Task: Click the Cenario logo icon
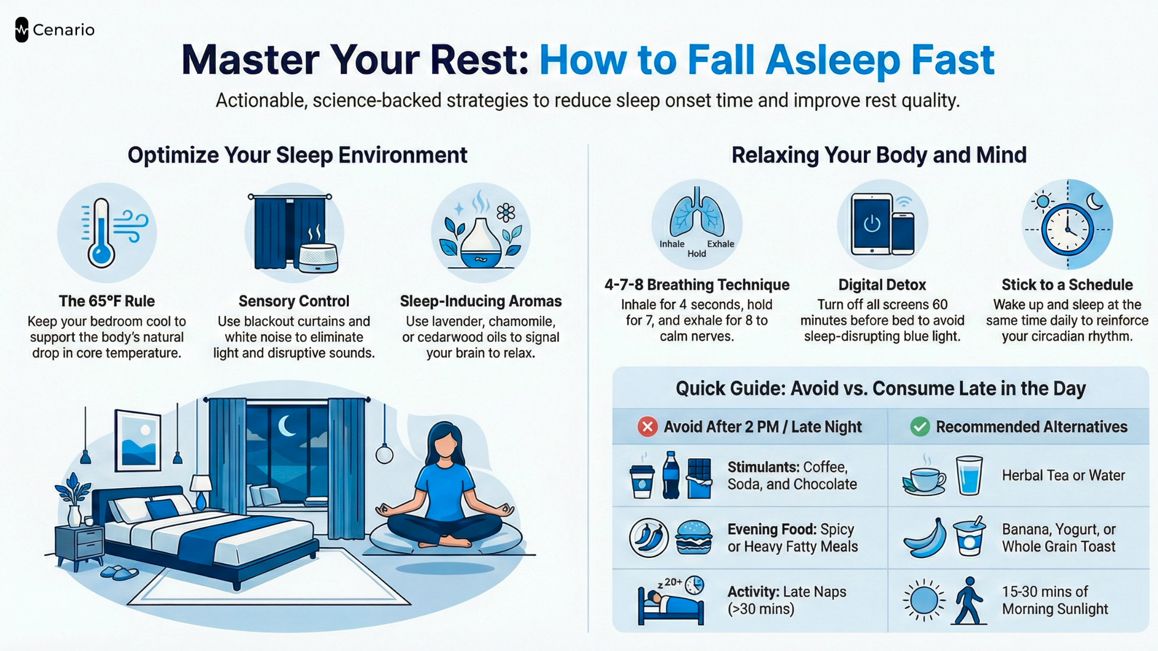click(22, 29)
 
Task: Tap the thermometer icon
click(100, 233)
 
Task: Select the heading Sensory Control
click(294, 301)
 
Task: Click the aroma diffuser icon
click(481, 243)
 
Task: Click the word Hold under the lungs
click(696, 254)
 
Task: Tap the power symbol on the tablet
click(872, 224)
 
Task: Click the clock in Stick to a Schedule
click(1067, 229)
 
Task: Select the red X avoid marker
click(647, 427)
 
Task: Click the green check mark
click(920, 427)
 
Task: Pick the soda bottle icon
click(671, 475)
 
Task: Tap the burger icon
click(693, 537)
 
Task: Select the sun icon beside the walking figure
click(924, 600)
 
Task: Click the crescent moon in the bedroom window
click(286, 427)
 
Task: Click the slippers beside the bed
click(119, 572)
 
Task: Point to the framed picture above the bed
click(138, 441)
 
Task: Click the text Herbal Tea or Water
click(1063, 475)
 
